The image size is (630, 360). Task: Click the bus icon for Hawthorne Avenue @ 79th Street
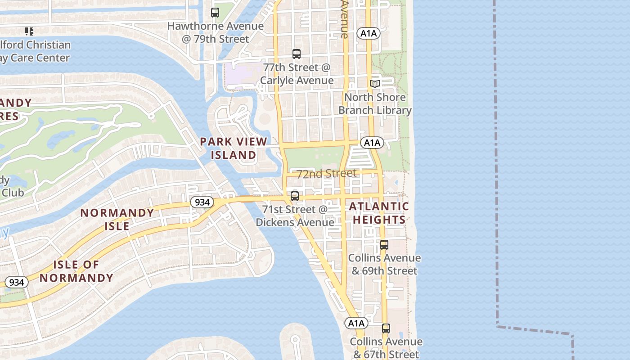point(215,13)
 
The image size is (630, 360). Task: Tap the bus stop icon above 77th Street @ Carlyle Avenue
point(297,54)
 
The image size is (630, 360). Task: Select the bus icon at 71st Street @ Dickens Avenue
point(295,196)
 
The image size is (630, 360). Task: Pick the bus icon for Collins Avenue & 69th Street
point(384,245)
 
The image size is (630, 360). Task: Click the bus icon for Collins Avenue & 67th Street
point(386,328)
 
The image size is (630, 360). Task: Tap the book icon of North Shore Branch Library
point(375,84)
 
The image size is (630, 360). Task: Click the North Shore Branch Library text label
point(375,104)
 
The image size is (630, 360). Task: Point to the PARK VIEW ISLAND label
point(234,148)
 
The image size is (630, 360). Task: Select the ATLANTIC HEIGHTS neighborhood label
point(379,213)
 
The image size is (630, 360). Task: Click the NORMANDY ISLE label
point(117,219)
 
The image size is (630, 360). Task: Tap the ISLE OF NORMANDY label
point(76,271)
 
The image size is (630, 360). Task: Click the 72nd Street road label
point(327,173)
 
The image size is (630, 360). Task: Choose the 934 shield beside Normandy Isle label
point(202,202)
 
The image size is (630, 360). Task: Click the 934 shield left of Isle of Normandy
point(17,282)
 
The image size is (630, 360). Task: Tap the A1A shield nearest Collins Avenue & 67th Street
point(356,323)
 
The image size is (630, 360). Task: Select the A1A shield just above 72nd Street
point(372,143)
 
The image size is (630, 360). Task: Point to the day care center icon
point(29,31)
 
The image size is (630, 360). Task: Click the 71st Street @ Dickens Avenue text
point(295,216)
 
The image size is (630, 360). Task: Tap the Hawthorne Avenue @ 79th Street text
point(216,32)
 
